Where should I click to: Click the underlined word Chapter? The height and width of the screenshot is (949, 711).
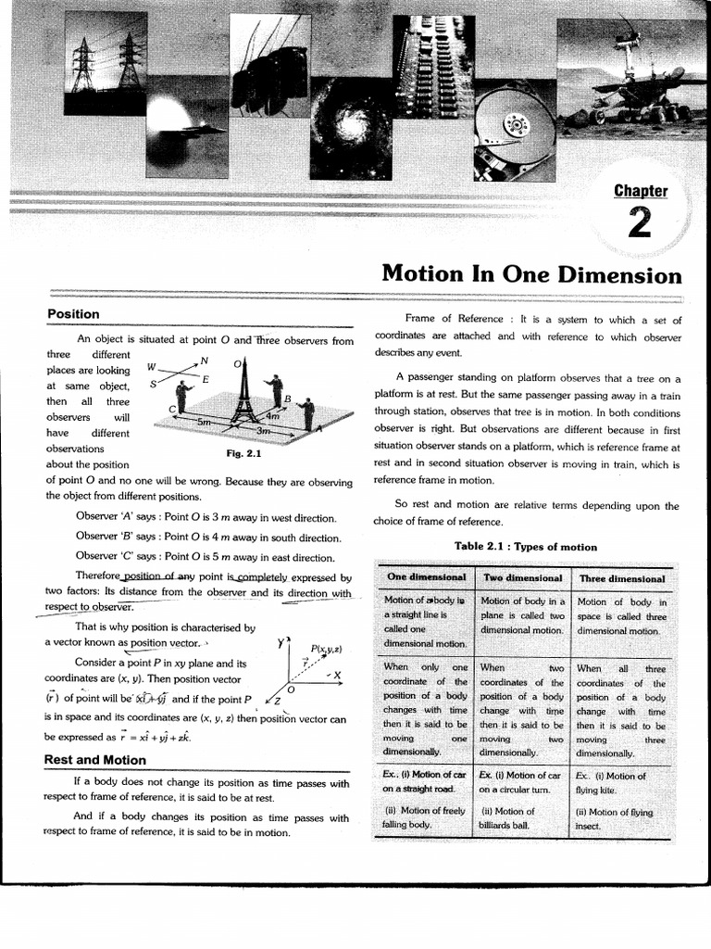[x=641, y=191]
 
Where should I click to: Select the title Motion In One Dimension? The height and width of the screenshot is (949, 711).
[x=531, y=275]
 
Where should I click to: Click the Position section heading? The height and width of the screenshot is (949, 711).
[x=73, y=315]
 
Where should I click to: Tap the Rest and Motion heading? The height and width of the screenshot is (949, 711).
[x=95, y=760]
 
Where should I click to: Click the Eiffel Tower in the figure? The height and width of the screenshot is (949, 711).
[x=244, y=390]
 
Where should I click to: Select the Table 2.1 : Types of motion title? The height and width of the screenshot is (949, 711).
[x=525, y=547]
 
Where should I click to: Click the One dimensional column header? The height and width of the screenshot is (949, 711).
[x=426, y=577]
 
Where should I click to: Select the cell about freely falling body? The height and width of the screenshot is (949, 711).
[x=425, y=817]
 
